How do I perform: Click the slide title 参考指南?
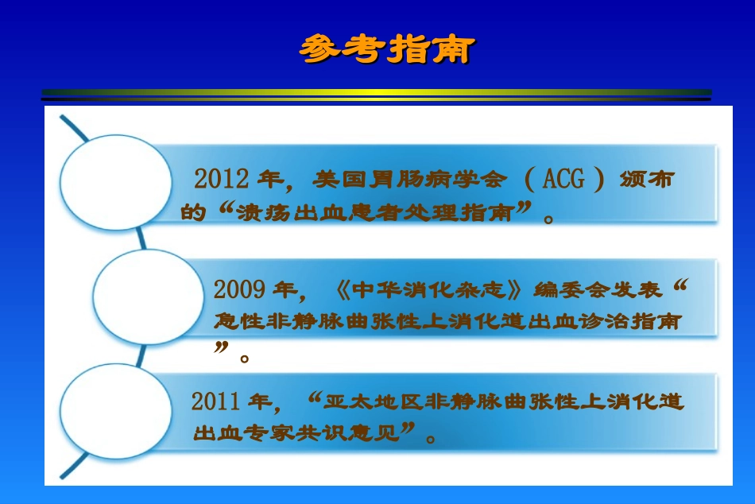pos(387,48)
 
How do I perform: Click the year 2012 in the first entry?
pos(222,179)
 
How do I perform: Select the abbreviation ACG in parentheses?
pos(563,179)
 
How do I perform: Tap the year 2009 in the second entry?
pos(239,289)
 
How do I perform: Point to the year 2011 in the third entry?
pos(215,401)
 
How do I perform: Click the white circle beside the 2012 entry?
pos(115,182)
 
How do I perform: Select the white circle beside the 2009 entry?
pos(149,297)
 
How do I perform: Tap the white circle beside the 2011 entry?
pos(115,411)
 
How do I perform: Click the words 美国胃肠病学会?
pos(409,179)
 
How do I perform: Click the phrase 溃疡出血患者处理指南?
pos(374,212)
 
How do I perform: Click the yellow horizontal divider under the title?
pos(377,92)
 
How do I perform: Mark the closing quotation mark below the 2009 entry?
pos(221,348)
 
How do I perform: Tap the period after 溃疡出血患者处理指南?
pos(548,219)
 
